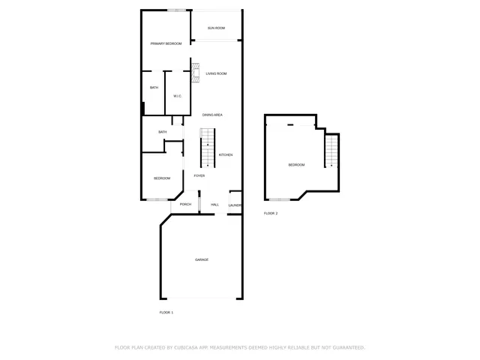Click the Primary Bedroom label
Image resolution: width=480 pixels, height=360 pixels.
point(166,43)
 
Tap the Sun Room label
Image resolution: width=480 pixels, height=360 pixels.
point(216,28)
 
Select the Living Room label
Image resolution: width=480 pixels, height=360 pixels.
point(216,73)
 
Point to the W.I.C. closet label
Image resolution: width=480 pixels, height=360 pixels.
point(177,96)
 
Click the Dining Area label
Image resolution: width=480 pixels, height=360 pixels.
point(212,115)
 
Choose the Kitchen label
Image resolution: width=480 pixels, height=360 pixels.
point(226,154)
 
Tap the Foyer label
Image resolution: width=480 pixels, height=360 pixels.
point(199,175)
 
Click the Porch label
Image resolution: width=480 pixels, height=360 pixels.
point(185,204)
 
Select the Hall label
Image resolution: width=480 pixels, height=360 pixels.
point(214,204)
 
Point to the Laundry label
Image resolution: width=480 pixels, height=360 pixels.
point(235,204)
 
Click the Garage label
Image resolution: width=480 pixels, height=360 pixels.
point(202,259)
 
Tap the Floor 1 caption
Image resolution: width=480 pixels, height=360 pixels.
point(166,312)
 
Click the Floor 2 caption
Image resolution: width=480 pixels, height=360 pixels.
point(271,214)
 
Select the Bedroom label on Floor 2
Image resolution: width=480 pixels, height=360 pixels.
point(297,165)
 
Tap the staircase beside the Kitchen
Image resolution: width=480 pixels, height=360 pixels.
point(207,148)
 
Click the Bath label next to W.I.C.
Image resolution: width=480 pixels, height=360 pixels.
point(154,88)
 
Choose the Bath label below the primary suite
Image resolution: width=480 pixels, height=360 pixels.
point(162,133)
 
